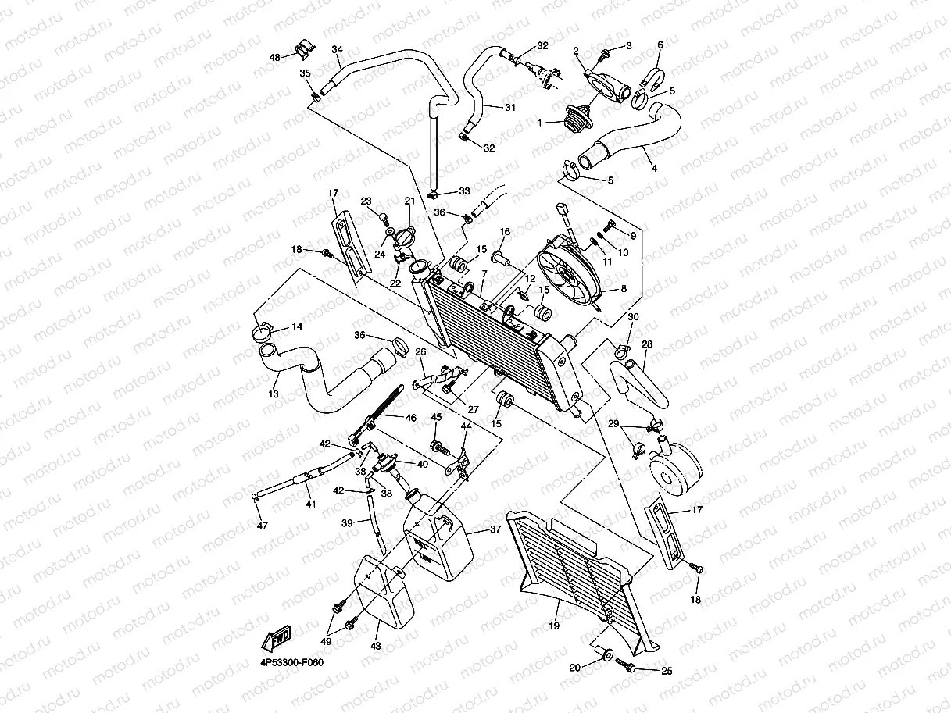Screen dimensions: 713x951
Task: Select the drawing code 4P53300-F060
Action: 291,662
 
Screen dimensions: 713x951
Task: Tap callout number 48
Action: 274,58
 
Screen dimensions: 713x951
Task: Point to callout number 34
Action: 337,49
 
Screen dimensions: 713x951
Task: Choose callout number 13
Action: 274,395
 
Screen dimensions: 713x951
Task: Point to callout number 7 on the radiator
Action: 484,273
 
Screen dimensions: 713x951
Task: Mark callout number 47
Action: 262,526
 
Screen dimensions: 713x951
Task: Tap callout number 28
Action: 647,344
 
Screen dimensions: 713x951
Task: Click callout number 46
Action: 410,418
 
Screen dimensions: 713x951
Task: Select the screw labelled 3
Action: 606,54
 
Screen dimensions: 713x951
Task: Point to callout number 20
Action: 574,667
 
